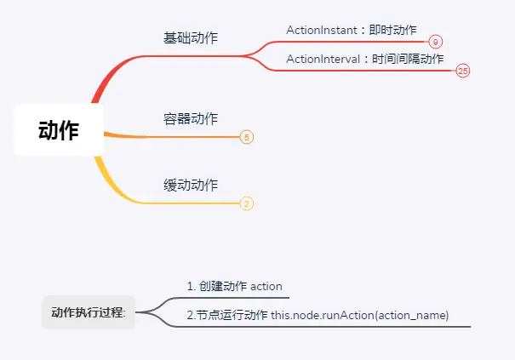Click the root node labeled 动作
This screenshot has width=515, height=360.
[59, 131]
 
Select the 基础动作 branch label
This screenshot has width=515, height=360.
[191, 38]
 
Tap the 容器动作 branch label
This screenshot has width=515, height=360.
[191, 118]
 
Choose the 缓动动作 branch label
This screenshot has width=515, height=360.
[191, 185]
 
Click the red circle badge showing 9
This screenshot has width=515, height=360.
[435, 42]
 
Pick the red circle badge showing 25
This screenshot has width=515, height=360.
[463, 71]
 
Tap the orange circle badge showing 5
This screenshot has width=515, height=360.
[247, 137]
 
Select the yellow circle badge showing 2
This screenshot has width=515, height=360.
[247, 203]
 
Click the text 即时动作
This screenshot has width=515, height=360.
[392, 30]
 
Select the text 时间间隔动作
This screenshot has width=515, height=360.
[408, 59]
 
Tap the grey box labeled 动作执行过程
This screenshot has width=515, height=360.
[89, 312]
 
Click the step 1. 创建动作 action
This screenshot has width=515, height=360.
[234, 286]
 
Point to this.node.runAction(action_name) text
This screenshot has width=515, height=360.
[359, 316]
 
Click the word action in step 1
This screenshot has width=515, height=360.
[266, 286]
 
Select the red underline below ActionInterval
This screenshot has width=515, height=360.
[366, 71]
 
